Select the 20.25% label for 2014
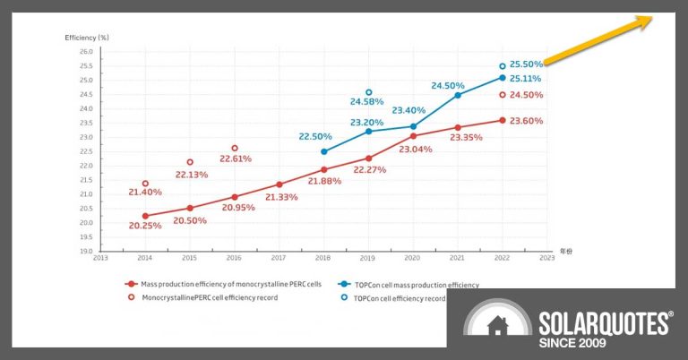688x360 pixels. [145, 226]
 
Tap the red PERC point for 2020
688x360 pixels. [413, 135]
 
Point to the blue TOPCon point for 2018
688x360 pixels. [323, 151]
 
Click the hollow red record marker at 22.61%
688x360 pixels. [235, 148]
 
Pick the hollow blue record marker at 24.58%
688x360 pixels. [368, 92]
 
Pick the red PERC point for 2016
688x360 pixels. [235, 197]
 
